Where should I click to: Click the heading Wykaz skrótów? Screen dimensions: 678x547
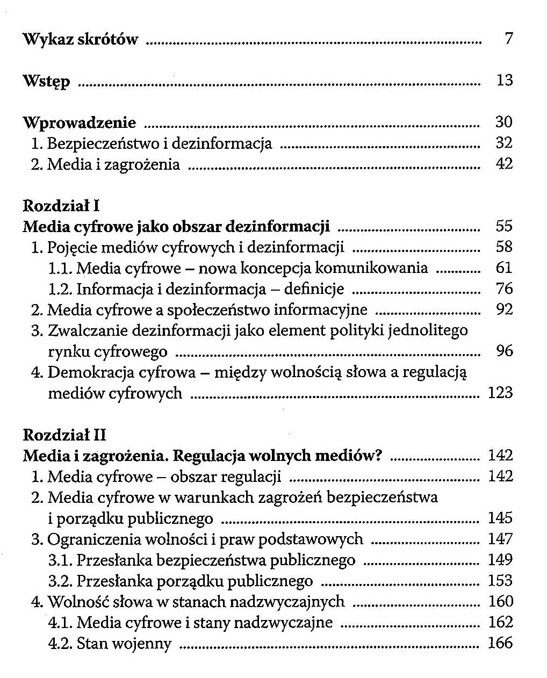pyautogui.click(x=80, y=39)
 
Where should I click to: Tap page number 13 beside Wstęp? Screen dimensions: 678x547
pyautogui.click(x=504, y=81)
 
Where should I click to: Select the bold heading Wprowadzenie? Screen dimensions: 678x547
pyautogui.click(x=80, y=123)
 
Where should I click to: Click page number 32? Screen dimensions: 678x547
pyautogui.click(x=504, y=143)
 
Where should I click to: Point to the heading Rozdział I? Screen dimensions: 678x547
pyautogui.click(x=61, y=206)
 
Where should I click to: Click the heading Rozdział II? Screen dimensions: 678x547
pyautogui.click(x=64, y=435)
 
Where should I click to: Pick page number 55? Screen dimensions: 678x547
pyautogui.click(x=504, y=226)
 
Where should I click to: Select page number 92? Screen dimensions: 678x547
pyautogui.click(x=504, y=309)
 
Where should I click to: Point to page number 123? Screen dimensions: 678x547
pyautogui.click(x=500, y=393)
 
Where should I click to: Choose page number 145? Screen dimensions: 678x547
pyautogui.click(x=500, y=518)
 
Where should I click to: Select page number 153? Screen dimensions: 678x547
pyautogui.click(x=500, y=580)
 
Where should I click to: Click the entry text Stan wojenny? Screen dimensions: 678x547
pyautogui.click(x=124, y=643)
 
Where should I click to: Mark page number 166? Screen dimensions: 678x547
pyautogui.click(x=500, y=643)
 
